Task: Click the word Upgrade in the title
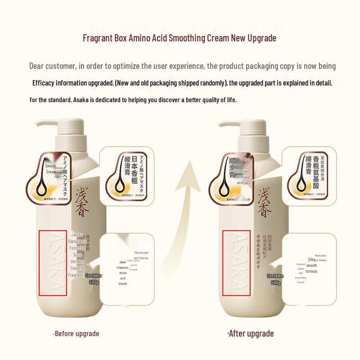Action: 261,38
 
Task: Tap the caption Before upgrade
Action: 76,333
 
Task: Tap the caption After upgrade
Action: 250,333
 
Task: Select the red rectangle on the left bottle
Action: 53,263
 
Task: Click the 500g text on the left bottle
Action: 94,282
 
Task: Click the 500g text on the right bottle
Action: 275,283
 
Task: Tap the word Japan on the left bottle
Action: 77,235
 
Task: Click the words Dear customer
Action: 52,66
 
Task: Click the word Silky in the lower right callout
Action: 311,260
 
